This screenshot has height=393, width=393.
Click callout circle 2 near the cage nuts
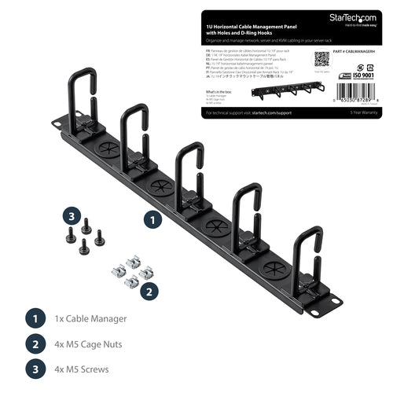145,290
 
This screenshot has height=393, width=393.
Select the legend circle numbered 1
34,319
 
